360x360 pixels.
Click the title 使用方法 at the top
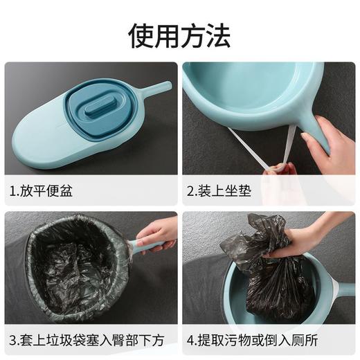pyautogui.click(x=180, y=34)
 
